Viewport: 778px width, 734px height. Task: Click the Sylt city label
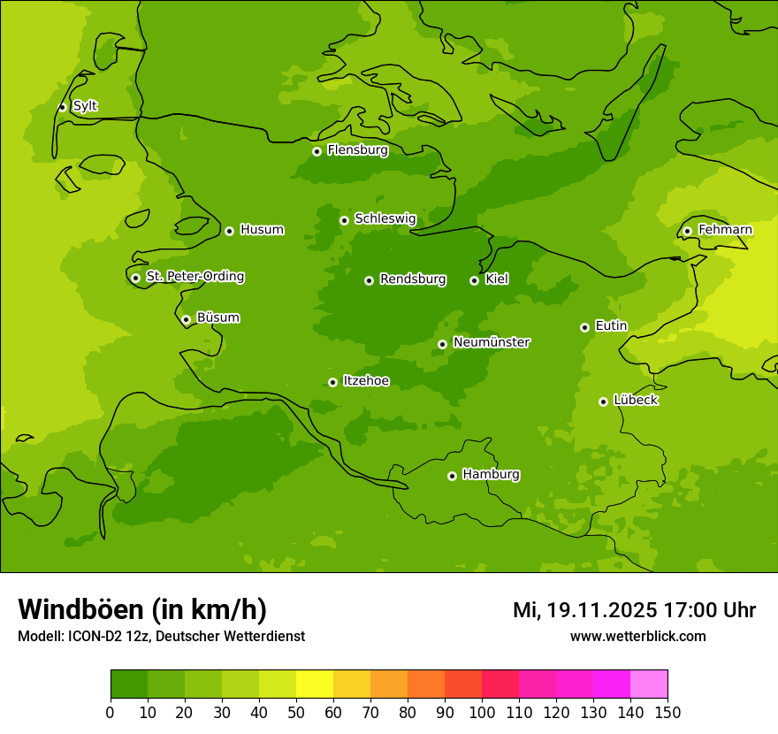(85, 106)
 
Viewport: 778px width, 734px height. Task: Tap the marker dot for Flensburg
(317, 151)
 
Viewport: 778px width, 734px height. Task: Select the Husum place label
(262, 230)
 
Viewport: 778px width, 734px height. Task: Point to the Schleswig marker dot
(344, 220)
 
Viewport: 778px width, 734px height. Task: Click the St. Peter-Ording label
(194, 277)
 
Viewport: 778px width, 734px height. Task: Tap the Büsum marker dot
(186, 319)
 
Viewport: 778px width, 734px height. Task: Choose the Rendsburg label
(413, 279)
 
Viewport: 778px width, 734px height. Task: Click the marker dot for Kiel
(474, 280)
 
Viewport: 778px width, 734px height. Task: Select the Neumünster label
(492, 342)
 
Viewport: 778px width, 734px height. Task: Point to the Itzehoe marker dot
(332, 382)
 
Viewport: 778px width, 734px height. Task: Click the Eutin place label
(611, 326)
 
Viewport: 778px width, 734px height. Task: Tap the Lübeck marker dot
(603, 401)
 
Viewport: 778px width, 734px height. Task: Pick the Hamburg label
(491, 475)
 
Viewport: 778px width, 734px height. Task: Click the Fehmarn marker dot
(687, 231)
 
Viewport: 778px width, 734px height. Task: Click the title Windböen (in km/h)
(142, 609)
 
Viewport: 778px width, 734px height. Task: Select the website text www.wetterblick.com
(637, 636)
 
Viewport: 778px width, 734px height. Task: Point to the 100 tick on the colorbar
(482, 711)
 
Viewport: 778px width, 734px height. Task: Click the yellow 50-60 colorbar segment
(315, 684)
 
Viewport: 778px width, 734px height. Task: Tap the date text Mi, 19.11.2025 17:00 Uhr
(634, 610)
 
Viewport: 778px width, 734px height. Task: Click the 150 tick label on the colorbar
(667, 711)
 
